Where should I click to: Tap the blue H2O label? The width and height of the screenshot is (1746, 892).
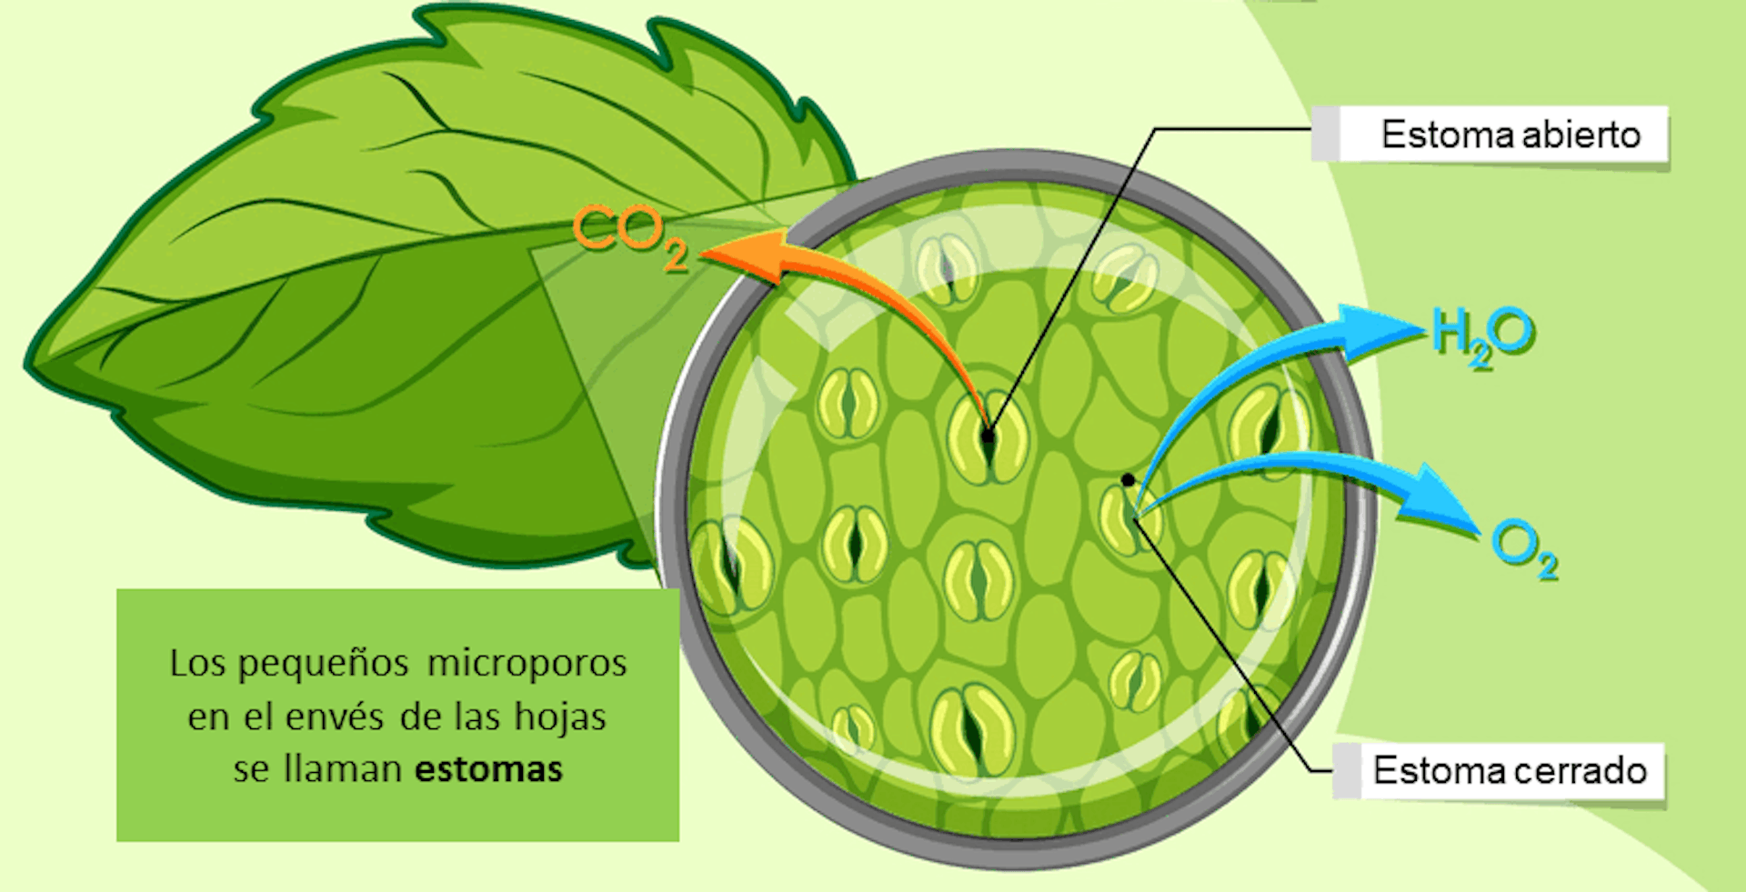pyautogui.click(x=1483, y=336)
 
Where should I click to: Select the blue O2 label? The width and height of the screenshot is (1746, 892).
pyautogui.click(x=1525, y=549)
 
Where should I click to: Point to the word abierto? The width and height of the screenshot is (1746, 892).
pyautogui.click(x=1581, y=135)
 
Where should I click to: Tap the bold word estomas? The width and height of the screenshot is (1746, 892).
pyautogui.click(x=489, y=769)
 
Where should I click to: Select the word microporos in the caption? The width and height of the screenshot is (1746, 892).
pyautogui.click(x=527, y=664)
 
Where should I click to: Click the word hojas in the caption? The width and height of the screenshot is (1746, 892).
pyautogui.click(x=560, y=717)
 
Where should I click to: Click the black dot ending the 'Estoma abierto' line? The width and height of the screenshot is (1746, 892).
pyautogui.click(x=988, y=436)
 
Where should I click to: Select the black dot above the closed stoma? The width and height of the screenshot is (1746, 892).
pyautogui.click(x=1128, y=480)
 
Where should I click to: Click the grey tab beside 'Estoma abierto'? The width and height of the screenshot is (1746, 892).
pyautogui.click(x=1325, y=134)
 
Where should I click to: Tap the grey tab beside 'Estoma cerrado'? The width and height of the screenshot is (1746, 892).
pyautogui.click(x=1347, y=770)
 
